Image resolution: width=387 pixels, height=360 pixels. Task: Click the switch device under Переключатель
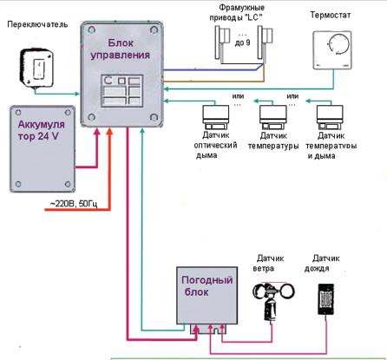point(36,68)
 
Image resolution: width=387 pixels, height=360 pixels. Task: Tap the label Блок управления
point(121,49)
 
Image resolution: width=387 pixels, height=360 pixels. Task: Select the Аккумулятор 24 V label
point(41,130)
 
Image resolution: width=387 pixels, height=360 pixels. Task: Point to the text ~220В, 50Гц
point(74,204)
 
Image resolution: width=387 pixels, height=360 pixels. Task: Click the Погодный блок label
point(207,285)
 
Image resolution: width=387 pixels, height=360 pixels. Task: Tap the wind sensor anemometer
point(273,302)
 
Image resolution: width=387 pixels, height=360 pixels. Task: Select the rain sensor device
point(326,299)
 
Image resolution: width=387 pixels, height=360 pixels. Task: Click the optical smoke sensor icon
point(215,117)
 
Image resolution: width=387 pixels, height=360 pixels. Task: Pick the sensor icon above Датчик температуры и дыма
point(330,117)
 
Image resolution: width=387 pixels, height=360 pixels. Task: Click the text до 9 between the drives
point(242,43)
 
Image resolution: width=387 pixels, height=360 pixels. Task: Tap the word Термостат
point(331,15)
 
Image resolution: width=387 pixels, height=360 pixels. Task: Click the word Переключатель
point(37,24)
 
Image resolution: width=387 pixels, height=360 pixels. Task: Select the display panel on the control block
point(121,90)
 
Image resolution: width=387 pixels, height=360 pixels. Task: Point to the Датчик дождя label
point(322,263)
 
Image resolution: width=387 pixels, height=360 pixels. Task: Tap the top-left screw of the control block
point(92,29)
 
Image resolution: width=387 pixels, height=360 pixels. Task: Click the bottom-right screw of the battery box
point(68,184)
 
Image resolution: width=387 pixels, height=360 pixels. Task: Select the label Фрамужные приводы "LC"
point(237,12)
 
